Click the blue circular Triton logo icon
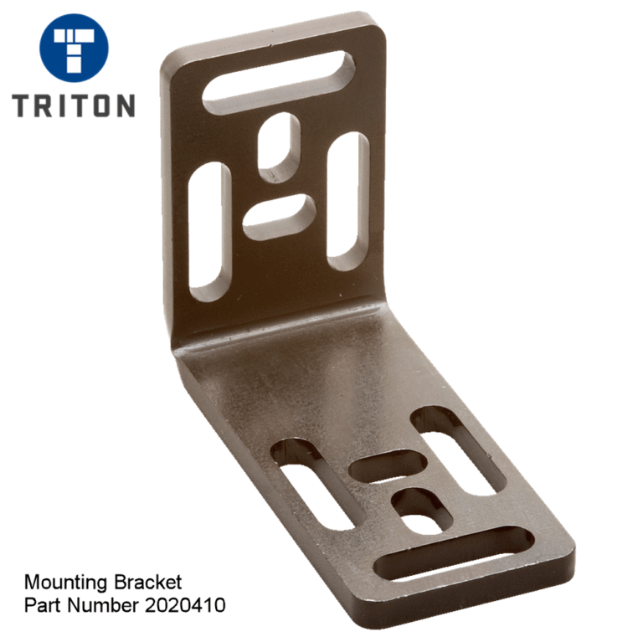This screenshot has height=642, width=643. [74, 47]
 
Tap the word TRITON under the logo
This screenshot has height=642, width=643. [74, 105]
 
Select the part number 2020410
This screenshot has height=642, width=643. [188, 604]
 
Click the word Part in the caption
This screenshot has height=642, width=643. [40, 604]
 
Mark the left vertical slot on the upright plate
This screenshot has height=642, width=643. [208, 232]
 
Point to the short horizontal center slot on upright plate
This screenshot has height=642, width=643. [280, 217]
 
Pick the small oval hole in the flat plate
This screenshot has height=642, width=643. [421, 509]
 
